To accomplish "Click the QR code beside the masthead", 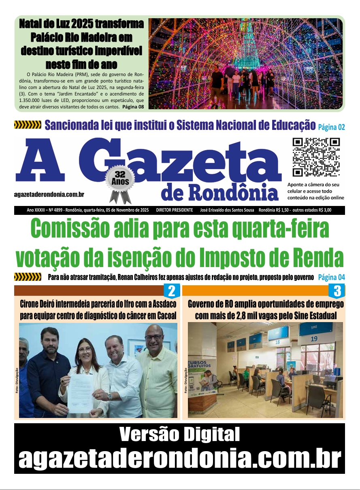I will pyautogui.click(x=316, y=157).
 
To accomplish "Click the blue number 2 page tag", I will pyautogui.click(x=171, y=291).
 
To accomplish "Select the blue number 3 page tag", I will pyautogui.click(x=337, y=291).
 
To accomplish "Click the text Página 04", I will pyautogui.click(x=331, y=278).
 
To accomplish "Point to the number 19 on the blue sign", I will pyautogui.click(x=314, y=339).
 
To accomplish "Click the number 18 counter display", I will pyautogui.click(x=277, y=342).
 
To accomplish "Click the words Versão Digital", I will pyautogui.click(x=179, y=435).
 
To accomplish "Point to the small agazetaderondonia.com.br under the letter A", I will pyautogui.click(x=49, y=195).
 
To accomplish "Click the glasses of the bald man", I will pyautogui.click(x=153, y=337).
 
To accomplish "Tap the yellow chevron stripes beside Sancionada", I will pyautogui.click(x=28, y=125).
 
